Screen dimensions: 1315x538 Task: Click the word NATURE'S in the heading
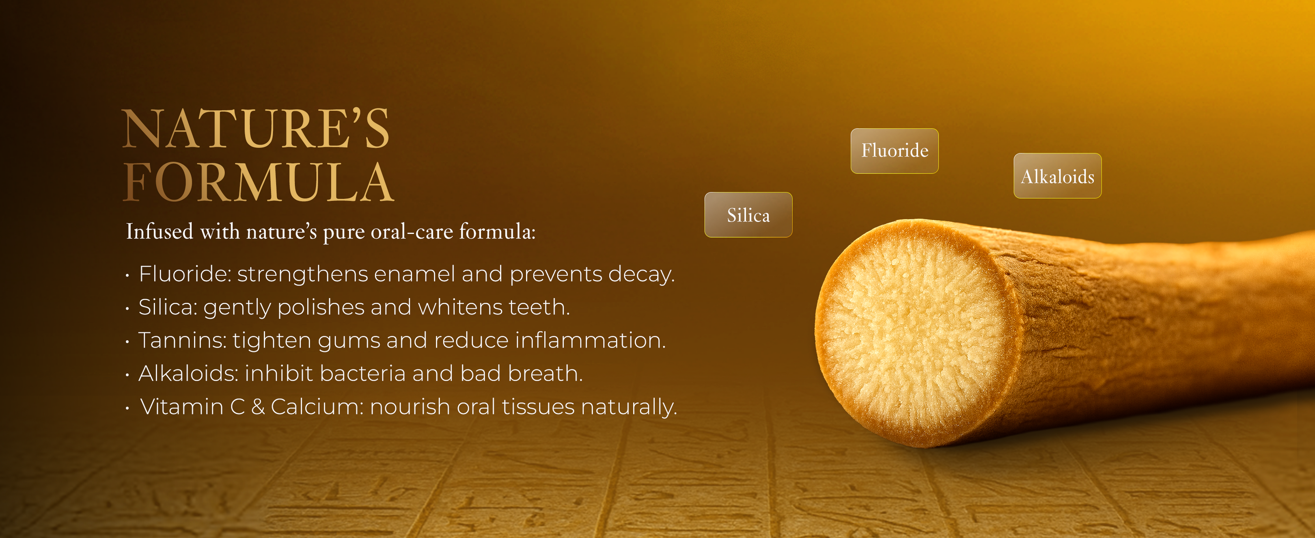pyautogui.click(x=256, y=129)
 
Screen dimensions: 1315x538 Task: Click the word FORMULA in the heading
pyautogui.click(x=258, y=182)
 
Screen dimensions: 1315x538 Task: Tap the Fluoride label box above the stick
pyautogui.click(x=895, y=151)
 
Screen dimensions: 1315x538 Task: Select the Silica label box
pyautogui.click(x=748, y=214)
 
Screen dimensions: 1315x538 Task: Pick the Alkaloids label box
pyautogui.click(x=1057, y=176)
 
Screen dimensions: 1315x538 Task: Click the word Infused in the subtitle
pyautogui.click(x=160, y=231)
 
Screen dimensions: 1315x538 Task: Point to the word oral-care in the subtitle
pyautogui.click(x=412, y=232)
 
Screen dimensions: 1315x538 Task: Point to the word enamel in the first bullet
pyautogui.click(x=414, y=274)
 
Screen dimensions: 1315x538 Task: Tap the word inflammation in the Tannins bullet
pyautogui.click(x=591, y=340)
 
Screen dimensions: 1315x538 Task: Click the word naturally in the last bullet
pyautogui.click(x=629, y=407)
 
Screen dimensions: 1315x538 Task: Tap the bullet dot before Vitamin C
pyautogui.click(x=127, y=408)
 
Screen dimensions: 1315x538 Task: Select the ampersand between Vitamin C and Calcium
pyautogui.click(x=258, y=407)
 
